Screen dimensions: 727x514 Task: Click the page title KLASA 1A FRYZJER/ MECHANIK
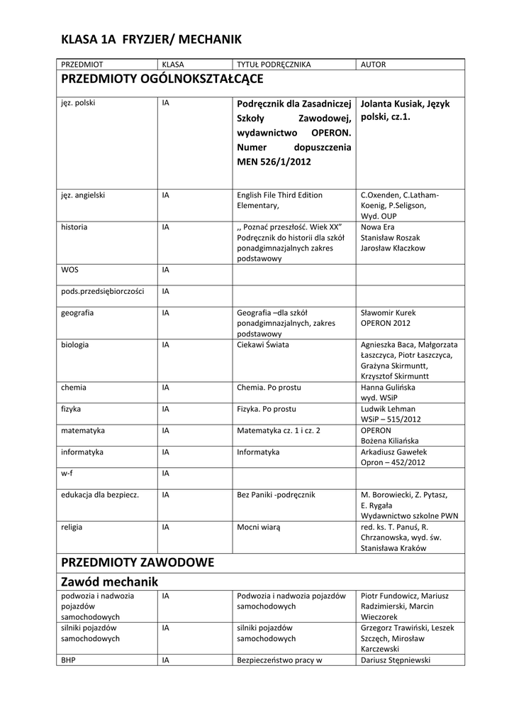pyautogui.click(x=152, y=38)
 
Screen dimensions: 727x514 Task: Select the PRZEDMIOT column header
pyautogui.click(x=82, y=65)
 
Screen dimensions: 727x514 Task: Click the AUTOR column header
pyautogui.click(x=374, y=65)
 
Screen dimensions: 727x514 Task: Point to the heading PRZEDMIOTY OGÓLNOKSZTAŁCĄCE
pyautogui.click(x=162, y=78)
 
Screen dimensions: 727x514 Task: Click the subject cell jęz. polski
pyautogui.click(x=78, y=102)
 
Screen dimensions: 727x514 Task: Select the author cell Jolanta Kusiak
pyautogui.click(x=406, y=109)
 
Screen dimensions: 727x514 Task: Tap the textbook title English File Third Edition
pyautogui.click(x=279, y=195)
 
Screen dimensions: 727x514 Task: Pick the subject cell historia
pyautogui.click(x=74, y=226)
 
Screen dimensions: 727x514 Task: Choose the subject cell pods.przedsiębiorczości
pyautogui.click(x=103, y=291)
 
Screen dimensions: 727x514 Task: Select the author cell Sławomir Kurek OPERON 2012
pyautogui.click(x=389, y=317)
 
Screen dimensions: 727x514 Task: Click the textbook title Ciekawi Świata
pyautogui.click(x=263, y=344)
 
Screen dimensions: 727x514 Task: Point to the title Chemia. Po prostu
pyautogui.click(x=269, y=388)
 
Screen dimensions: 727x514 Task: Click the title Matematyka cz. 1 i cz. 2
pyautogui.click(x=279, y=430)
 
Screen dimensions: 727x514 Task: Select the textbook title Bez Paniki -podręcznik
pyautogui.click(x=276, y=494)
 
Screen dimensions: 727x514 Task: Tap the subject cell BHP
pyautogui.click(x=69, y=660)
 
